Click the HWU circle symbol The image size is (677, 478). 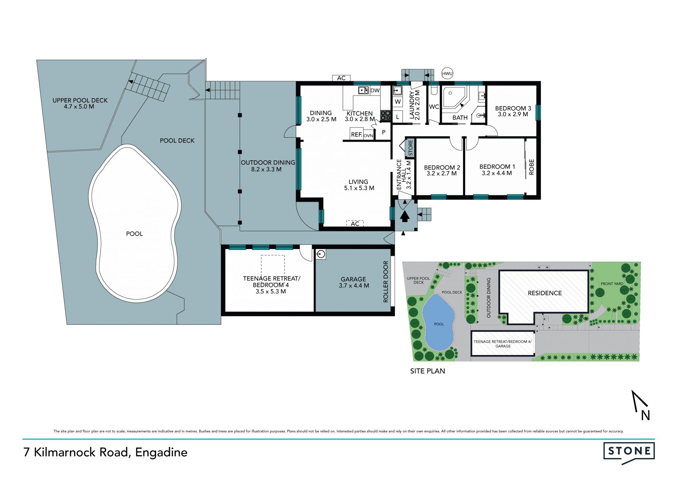447,74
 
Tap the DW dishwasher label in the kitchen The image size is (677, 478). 375,91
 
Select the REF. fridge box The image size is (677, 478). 356,135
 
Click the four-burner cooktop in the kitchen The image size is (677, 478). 385,116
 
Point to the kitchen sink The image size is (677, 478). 363,91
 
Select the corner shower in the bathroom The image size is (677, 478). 455,97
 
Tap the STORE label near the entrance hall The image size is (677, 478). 410,148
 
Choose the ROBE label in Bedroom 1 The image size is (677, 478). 531,167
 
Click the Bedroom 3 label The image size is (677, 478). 513,108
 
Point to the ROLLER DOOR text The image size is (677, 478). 385,281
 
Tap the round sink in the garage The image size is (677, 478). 321,254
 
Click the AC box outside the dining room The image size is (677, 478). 341,78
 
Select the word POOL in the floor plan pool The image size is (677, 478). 134,234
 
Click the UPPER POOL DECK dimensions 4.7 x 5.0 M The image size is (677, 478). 79,106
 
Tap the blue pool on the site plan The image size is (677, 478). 438,322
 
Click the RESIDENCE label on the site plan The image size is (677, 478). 544,293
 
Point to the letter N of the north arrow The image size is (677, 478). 645,416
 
